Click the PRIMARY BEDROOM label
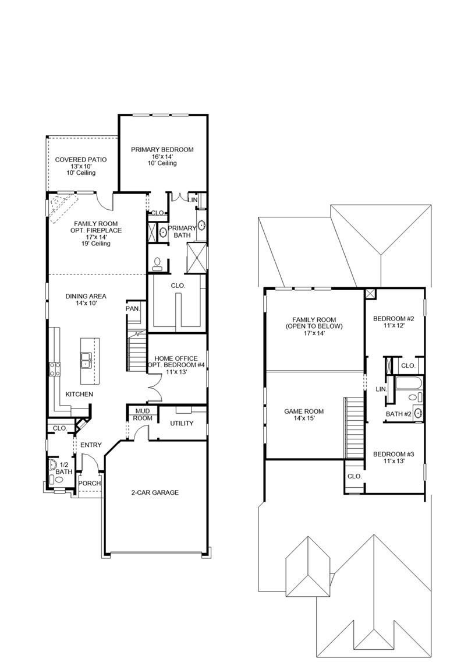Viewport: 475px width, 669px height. click(x=162, y=150)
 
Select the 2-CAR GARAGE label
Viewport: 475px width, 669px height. click(x=154, y=492)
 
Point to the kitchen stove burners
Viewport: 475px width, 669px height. click(x=54, y=369)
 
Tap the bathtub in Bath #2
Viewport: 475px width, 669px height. click(x=409, y=383)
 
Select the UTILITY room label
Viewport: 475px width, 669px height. click(x=182, y=423)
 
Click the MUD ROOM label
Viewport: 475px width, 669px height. click(x=142, y=414)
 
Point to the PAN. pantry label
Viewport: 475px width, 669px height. click(x=132, y=309)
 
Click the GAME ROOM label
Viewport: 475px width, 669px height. click(x=304, y=411)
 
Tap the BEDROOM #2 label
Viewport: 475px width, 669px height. click(x=393, y=319)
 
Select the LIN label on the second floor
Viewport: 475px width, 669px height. click(x=381, y=389)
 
